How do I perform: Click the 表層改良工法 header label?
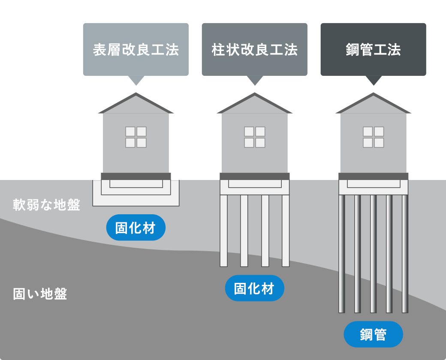136,50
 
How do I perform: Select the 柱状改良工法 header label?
255,50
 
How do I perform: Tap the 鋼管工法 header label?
373,50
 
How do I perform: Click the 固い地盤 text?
40,294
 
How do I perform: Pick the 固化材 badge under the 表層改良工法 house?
136,228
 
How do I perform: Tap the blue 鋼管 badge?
373,334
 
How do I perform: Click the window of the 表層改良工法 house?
136,137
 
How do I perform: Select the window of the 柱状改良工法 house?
255,137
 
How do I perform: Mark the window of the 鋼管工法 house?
373,137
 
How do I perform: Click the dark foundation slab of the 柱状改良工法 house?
255,176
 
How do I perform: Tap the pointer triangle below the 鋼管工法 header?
374,80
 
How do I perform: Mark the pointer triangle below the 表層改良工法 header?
136,80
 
